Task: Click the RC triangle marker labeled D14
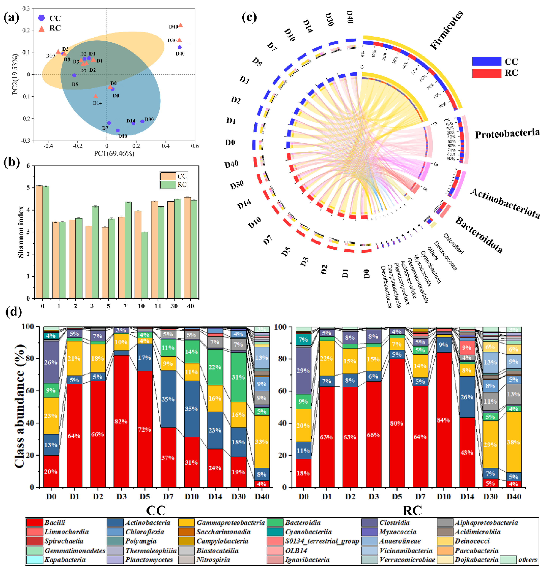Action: point(96,96)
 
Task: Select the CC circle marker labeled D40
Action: point(179,47)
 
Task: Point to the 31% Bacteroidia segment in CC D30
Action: point(238,377)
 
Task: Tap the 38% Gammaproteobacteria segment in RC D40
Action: point(514,442)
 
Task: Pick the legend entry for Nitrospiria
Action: point(213,559)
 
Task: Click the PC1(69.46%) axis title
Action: point(114,153)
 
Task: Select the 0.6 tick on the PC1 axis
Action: point(195,146)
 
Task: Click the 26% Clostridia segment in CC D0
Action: point(51,363)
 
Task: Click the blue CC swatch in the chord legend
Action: point(487,62)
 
